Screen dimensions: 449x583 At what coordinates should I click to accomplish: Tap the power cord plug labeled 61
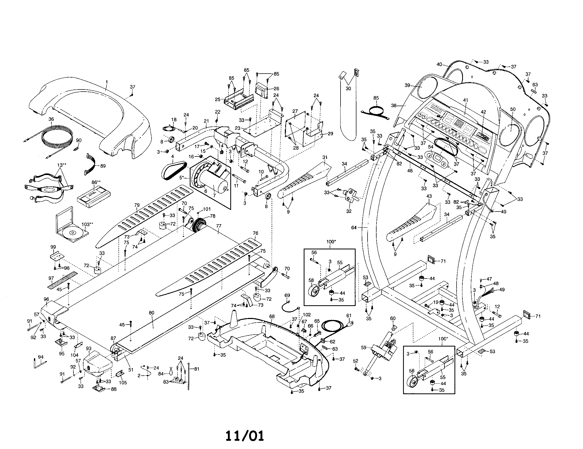(350, 324)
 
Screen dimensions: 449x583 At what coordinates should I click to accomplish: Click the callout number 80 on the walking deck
(151, 313)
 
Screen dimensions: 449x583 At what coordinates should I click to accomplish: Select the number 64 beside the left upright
(354, 227)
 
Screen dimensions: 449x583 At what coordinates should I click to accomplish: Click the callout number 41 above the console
(466, 100)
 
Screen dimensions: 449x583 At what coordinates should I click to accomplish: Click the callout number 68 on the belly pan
(272, 316)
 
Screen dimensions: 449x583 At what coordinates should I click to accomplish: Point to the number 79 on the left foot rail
(137, 205)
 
